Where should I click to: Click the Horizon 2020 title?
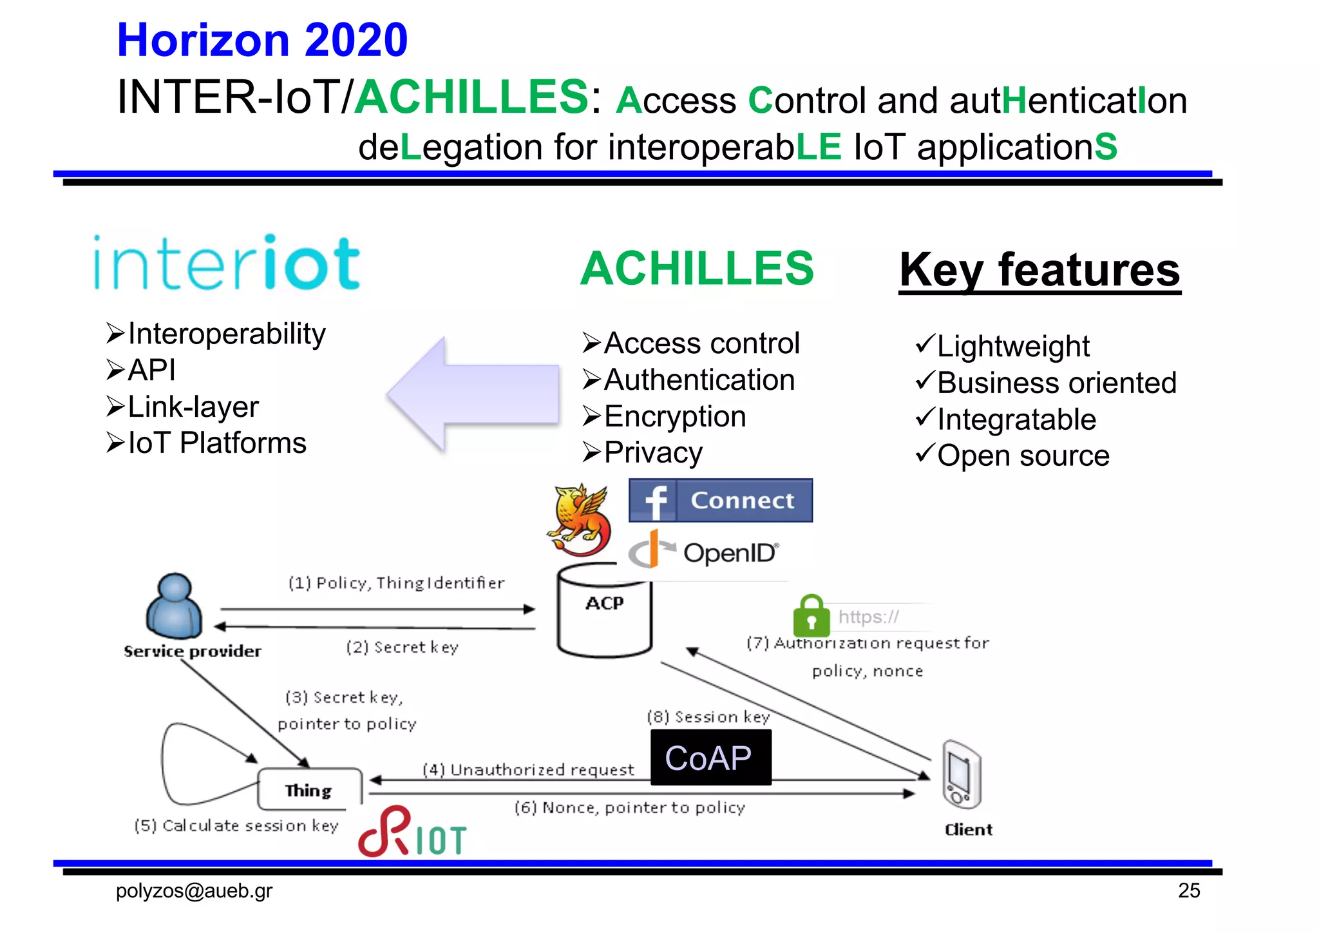tap(262, 40)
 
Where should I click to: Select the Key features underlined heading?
tap(1039, 270)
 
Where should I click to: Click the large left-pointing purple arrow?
tap(473, 394)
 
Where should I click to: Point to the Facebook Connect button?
tap(720, 500)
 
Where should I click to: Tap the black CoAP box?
tap(710, 758)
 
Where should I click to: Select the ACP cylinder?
tap(604, 612)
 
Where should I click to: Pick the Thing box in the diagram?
tap(309, 789)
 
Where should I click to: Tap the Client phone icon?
tap(961, 775)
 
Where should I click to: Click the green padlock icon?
tap(811, 615)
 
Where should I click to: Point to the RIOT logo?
tap(412, 833)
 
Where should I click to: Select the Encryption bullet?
tap(674, 416)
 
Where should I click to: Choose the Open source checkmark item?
tap(1023, 456)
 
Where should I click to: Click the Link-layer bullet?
tap(193, 407)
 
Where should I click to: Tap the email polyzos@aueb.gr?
tap(194, 891)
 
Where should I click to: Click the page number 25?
tap(1189, 890)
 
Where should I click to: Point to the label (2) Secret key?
tap(402, 647)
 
